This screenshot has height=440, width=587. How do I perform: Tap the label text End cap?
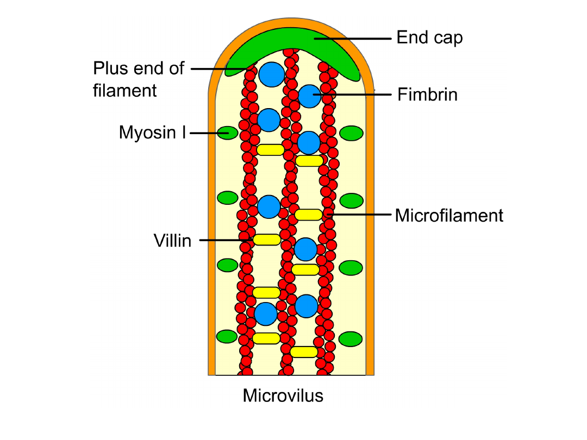(429, 38)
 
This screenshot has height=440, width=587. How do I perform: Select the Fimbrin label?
(427, 95)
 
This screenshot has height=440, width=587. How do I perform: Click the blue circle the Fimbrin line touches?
(310, 96)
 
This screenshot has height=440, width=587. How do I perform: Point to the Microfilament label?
(449, 216)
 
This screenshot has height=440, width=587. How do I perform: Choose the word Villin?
(172, 241)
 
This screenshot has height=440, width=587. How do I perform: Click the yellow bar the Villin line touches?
(267, 240)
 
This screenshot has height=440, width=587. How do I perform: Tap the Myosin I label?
(152, 133)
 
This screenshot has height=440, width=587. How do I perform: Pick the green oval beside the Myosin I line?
(227, 133)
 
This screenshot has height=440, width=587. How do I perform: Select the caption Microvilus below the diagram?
(283, 395)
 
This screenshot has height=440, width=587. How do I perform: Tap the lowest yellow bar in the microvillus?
(304, 352)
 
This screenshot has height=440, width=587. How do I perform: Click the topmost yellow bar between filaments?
(270, 150)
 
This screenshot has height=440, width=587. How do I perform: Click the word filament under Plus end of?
(125, 90)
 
